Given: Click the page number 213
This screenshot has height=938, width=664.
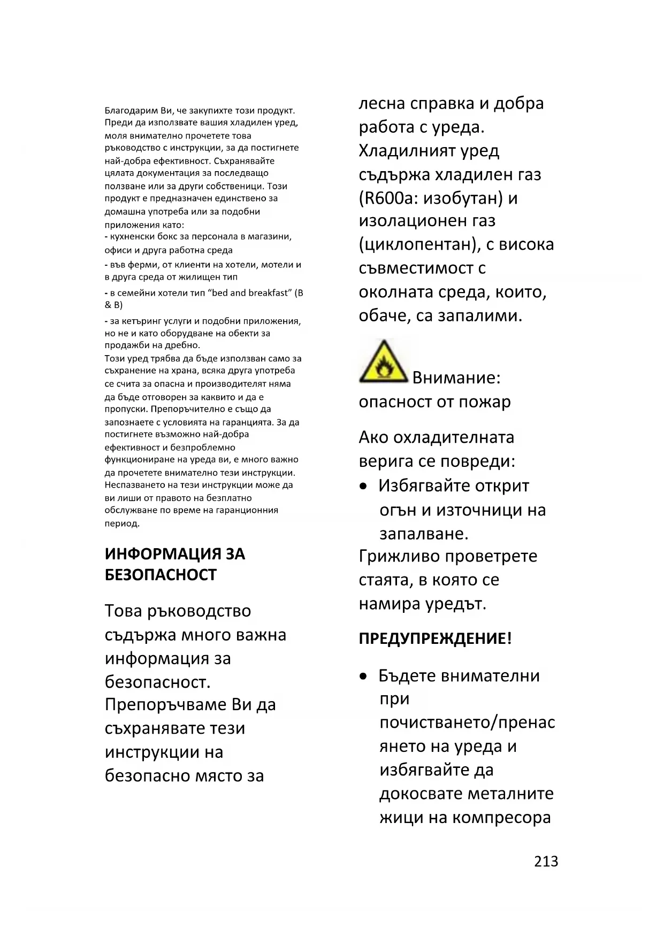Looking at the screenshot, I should [x=546, y=862].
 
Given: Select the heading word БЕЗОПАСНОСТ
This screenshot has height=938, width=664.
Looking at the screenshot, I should [x=161, y=575].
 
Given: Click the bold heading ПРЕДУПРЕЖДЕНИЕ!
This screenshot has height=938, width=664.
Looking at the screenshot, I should [x=435, y=639].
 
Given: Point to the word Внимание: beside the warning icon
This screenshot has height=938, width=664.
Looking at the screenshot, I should [x=456, y=378].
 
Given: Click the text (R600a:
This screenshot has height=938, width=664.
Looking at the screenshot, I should [x=388, y=198].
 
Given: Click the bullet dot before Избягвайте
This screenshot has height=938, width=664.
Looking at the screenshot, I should [x=364, y=487].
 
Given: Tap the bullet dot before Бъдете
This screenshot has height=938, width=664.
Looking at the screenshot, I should [x=364, y=676].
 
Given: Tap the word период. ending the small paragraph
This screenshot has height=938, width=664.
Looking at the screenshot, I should [x=122, y=524].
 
